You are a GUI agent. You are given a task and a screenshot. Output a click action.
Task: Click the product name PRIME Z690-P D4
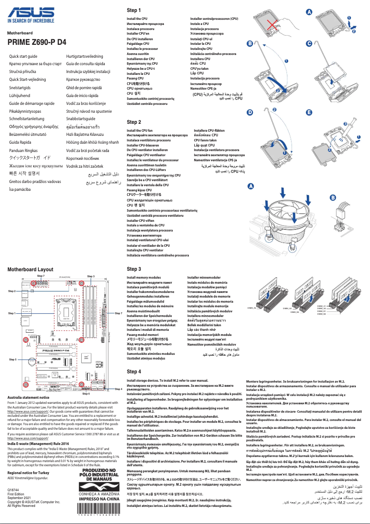[36, 42]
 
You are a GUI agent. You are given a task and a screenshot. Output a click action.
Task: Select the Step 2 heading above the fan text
[134, 122]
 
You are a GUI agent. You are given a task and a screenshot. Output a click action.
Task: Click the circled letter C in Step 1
[309, 43]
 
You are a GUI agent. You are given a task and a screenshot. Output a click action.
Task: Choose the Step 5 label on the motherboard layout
[12, 359]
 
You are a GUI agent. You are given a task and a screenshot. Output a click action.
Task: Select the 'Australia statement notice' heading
[28, 397]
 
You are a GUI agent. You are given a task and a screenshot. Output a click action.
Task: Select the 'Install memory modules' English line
[143, 278]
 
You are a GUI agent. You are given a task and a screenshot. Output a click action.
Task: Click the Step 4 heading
[134, 372]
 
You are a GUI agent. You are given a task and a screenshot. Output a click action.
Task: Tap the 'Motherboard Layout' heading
[30, 269]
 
